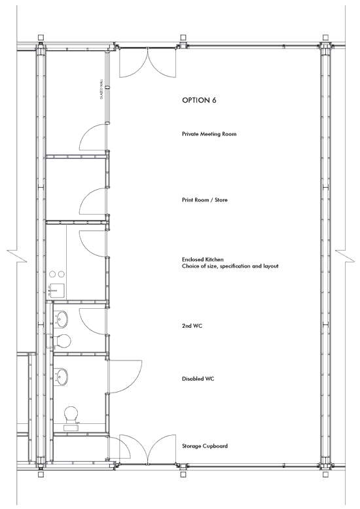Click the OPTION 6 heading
199,100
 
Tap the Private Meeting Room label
209,133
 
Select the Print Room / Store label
205,200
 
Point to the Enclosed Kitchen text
203,259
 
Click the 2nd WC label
192,326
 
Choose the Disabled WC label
198,379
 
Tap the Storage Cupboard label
205,446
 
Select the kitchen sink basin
57,288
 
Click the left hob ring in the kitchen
52,274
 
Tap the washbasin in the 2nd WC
61,319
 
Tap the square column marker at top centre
183,37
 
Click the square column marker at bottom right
325,474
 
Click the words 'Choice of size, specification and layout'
230,266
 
